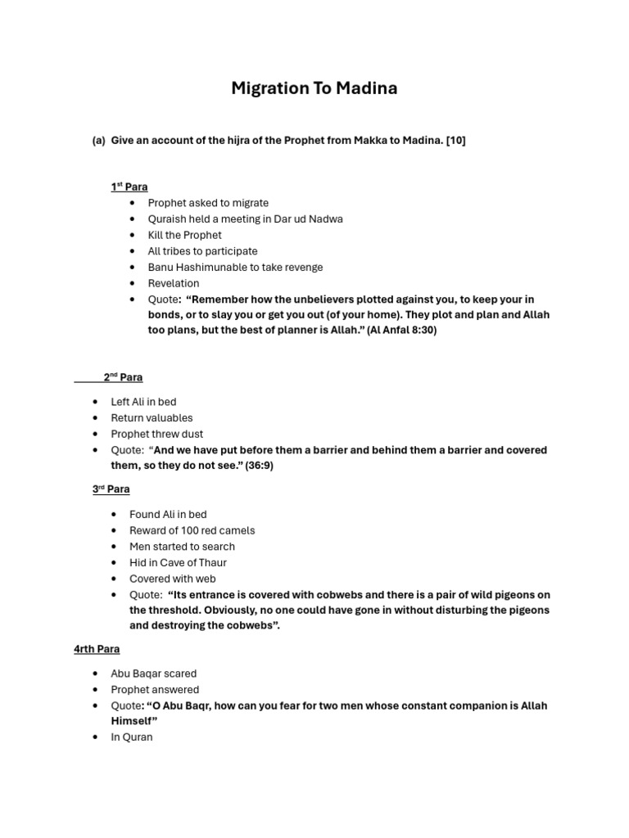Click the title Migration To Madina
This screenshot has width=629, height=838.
coord(314,88)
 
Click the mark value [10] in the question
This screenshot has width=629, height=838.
coord(455,141)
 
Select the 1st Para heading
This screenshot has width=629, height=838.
coord(129,187)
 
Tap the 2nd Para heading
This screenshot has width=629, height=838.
coord(123,377)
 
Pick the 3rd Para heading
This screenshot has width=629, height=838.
coord(111,489)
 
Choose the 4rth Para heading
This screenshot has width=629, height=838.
coord(97,649)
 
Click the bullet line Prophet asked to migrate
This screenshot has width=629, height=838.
coord(208,203)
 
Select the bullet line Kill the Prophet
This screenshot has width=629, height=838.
coord(184,235)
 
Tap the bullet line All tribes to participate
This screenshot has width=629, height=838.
coord(202,251)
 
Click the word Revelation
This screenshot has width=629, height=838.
coord(174,283)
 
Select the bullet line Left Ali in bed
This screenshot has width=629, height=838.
coord(143,402)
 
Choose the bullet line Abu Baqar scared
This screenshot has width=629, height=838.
coord(154,674)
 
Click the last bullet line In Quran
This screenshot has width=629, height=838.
coord(132,737)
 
